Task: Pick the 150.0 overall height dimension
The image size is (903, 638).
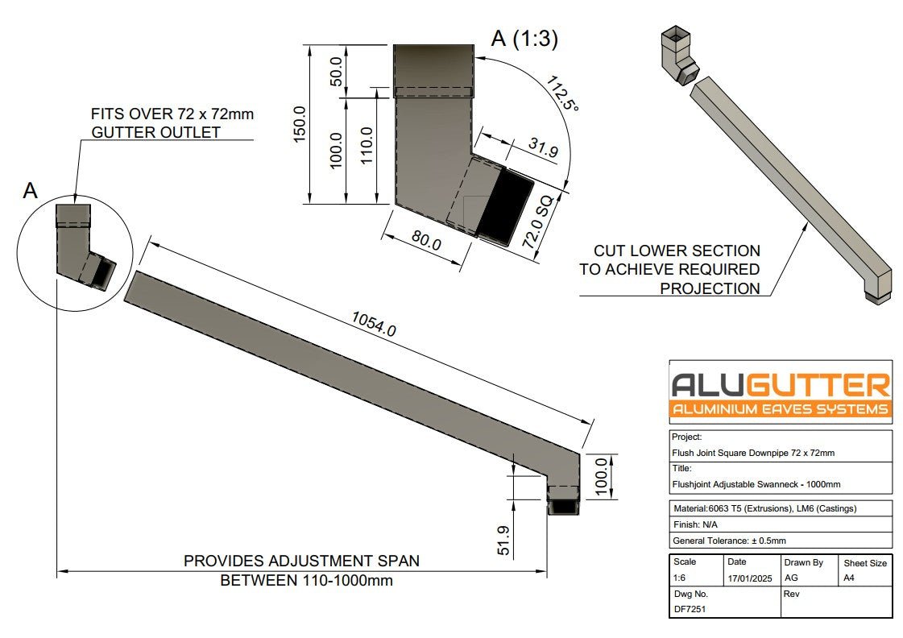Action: tap(300, 125)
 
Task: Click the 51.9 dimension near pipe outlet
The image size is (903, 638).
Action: tap(503, 540)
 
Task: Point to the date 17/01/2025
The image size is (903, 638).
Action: tap(749, 578)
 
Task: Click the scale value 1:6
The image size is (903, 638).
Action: tap(681, 578)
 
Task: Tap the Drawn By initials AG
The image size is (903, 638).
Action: tap(791, 578)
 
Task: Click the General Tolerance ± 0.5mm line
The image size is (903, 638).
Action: tap(728, 541)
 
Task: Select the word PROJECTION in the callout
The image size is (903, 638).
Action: tap(710, 288)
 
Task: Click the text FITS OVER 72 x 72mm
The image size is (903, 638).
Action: tap(172, 114)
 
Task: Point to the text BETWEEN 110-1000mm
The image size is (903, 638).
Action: tap(306, 581)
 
